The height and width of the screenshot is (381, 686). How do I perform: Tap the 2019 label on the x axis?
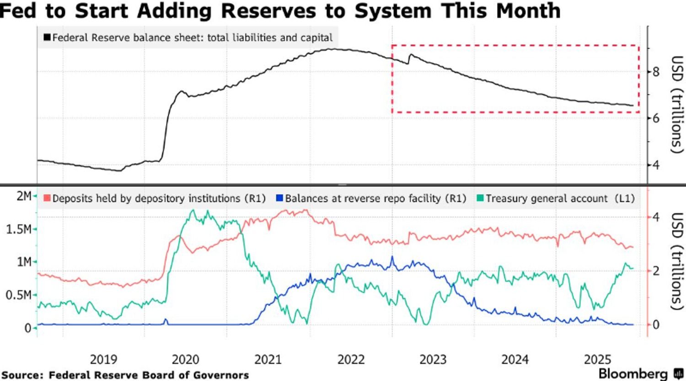(103, 360)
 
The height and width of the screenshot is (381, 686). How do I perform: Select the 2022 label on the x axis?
(351, 360)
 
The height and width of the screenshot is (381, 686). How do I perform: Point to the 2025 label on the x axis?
(597, 360)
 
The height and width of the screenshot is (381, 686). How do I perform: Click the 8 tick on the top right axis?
(655, 72)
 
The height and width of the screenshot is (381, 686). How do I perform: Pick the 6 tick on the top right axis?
(655, 118)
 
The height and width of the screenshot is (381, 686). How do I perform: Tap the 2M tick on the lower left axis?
(24, 196)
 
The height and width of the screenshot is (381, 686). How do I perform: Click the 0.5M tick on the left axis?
(18, 296)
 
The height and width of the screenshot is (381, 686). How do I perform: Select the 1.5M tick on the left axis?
(18, 229)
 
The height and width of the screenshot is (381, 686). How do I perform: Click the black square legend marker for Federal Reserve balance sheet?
(47, 37)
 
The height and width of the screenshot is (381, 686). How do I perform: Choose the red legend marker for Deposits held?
(47, 198)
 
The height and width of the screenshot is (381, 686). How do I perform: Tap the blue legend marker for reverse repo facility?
(279, 198)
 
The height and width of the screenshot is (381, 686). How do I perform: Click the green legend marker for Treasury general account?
(480, 198)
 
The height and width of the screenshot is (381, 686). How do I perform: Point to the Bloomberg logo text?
(633, 373)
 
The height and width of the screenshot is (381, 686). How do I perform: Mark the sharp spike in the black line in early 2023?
(411, 55)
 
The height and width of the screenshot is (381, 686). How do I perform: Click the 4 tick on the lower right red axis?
(656, 217)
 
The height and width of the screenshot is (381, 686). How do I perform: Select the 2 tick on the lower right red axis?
(656, 271)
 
